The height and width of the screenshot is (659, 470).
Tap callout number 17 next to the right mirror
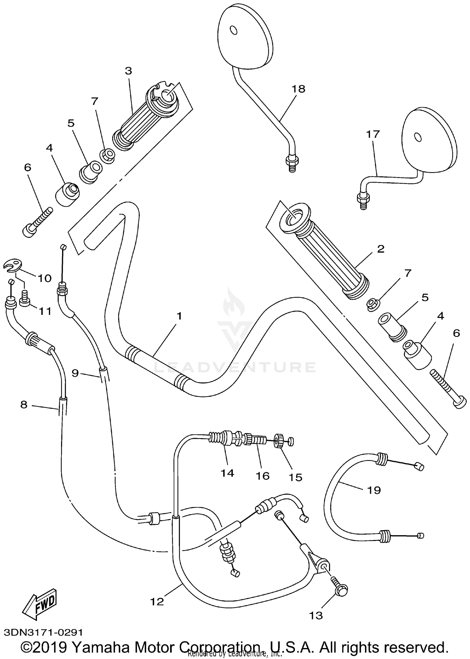(373, 134)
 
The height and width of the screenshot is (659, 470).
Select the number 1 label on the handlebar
(179, 316)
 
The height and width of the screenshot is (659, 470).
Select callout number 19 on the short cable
(373, 490)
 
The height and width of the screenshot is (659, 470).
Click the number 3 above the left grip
(128, 71)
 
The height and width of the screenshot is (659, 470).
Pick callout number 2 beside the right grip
(380, 249)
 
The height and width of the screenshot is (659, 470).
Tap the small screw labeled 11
(24, 302)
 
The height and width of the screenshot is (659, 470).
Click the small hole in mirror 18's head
(234, 30)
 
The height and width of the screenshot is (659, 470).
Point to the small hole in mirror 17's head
(417, 137)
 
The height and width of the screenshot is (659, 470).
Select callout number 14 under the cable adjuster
(227, 473)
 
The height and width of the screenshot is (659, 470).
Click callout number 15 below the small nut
(295, 478)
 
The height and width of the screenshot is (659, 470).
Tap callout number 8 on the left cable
(24, 405)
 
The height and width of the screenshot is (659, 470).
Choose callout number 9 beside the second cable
(75, 373)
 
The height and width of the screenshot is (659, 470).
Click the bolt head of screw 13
(342, 591)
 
